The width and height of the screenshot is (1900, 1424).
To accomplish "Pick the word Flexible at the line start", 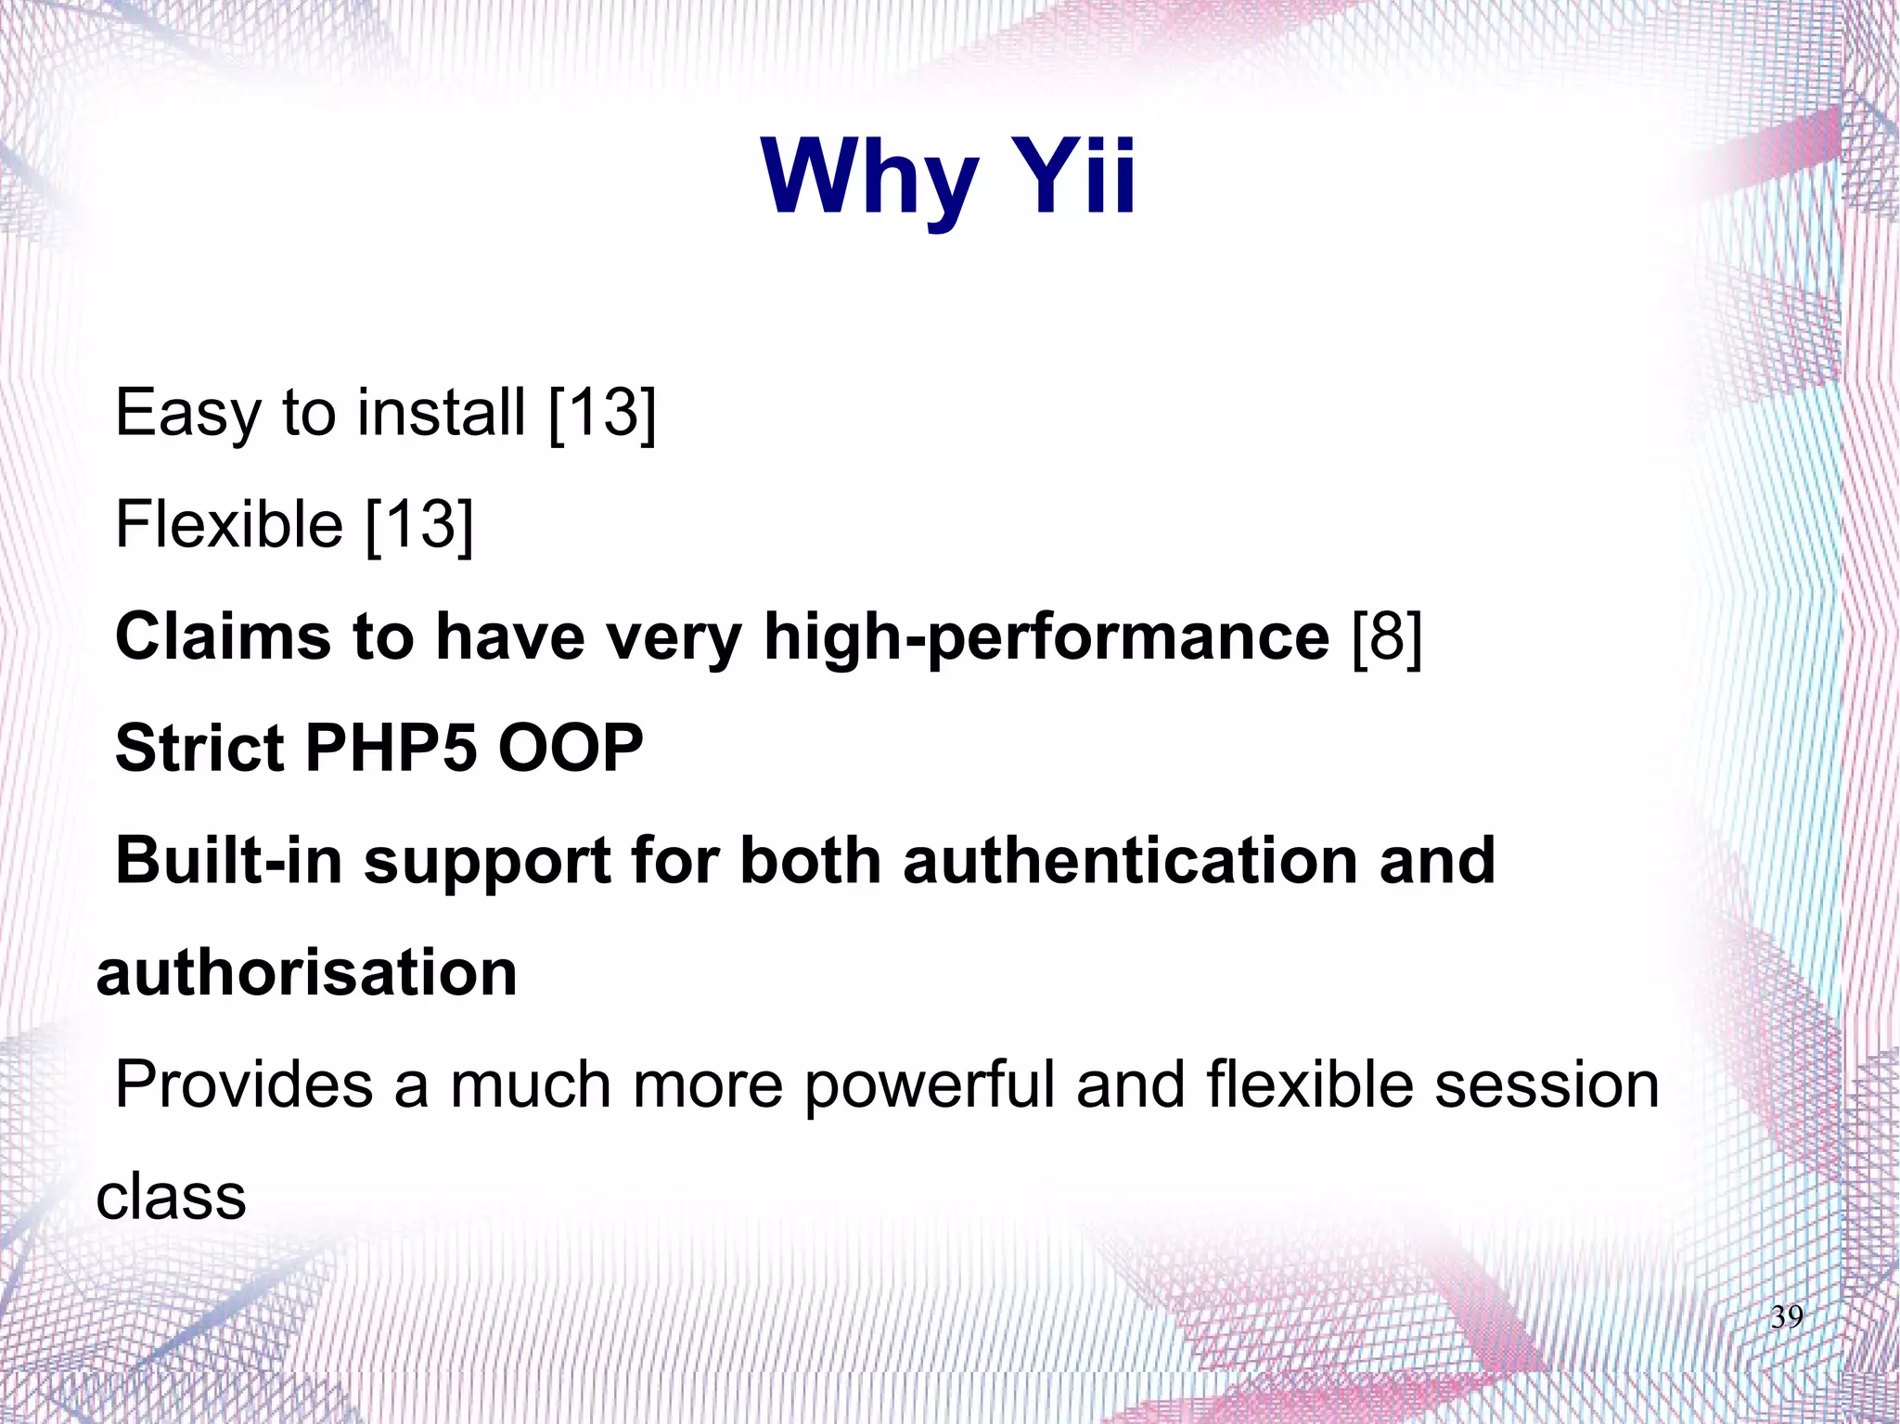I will (228, 524).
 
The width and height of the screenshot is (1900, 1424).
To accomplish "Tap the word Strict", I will (199, 748).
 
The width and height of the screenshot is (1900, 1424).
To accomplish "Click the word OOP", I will (570, 748).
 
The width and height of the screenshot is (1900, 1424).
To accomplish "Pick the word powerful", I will (929, 1085).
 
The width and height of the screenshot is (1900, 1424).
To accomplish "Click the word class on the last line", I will (172, 1197).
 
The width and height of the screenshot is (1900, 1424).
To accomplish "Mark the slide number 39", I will (1786, 1317).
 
